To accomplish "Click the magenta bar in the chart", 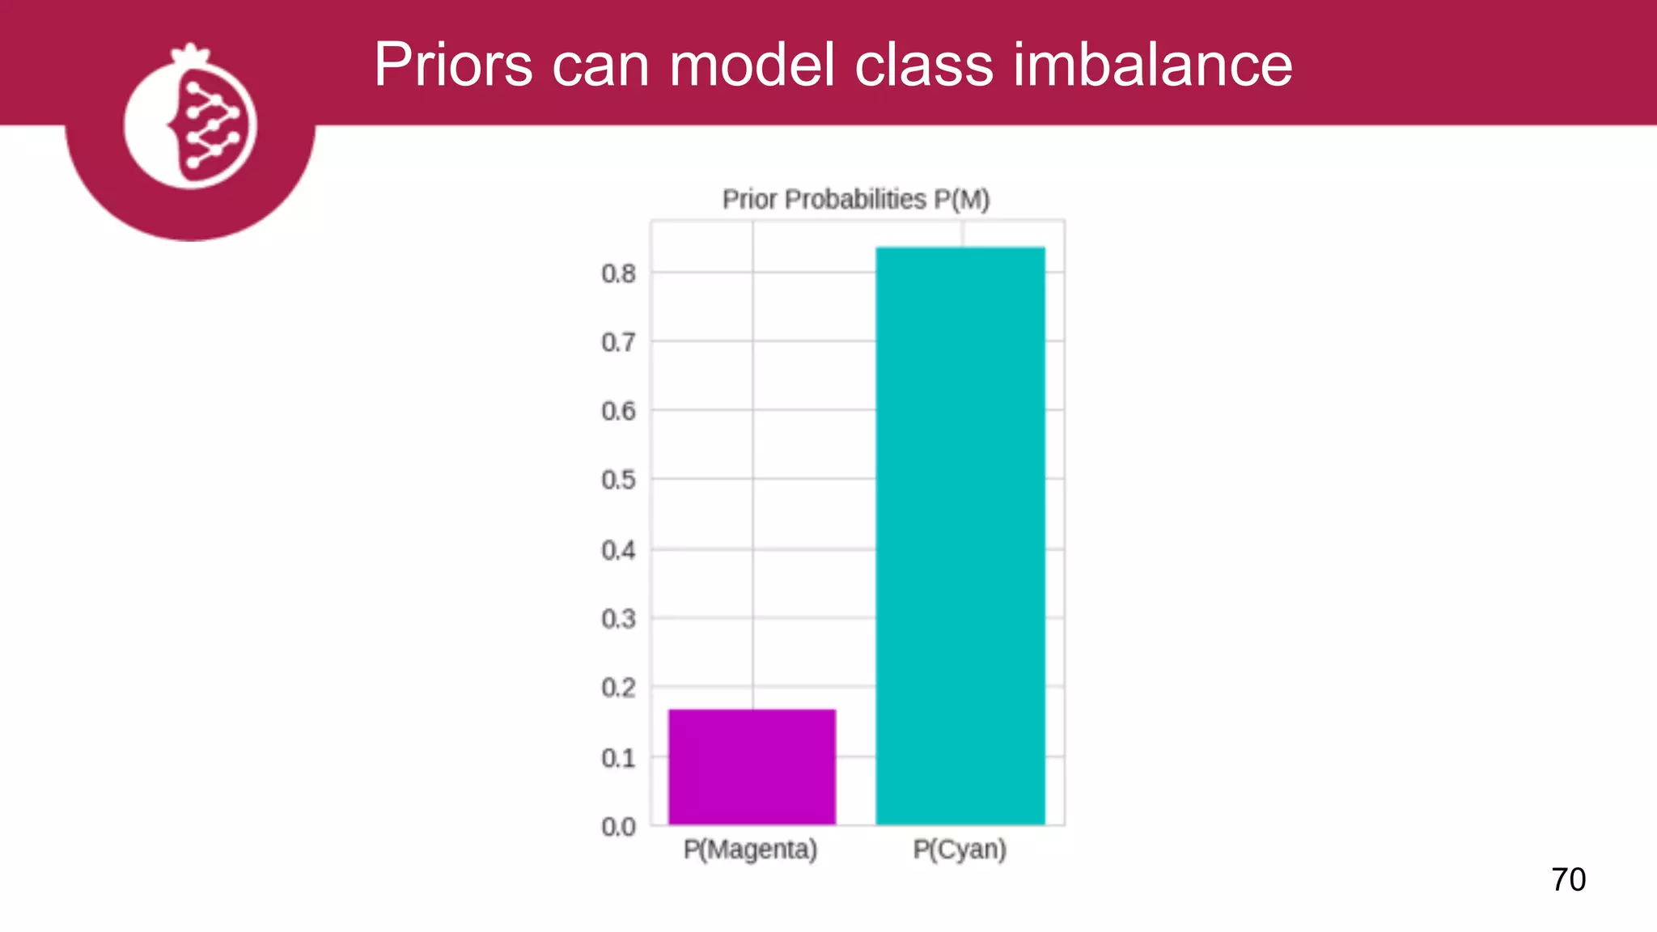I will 752,766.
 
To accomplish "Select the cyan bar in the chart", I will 960,536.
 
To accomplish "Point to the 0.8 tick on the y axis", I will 618,273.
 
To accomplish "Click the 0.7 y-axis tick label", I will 618,342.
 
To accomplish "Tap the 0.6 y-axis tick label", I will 618,411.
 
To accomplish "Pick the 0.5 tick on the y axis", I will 618,480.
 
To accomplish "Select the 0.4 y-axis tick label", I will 618,550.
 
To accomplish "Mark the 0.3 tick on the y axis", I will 618,619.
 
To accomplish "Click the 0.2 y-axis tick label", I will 618,688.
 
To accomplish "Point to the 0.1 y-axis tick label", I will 618,758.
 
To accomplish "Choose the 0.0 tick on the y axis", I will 618,827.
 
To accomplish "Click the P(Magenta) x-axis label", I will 750,849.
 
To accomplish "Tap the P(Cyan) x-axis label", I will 960,849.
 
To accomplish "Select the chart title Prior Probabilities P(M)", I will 856,199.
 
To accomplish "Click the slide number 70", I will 1568,879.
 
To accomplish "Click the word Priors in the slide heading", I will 453,65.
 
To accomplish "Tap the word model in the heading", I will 752,65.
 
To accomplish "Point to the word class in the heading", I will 923,65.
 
